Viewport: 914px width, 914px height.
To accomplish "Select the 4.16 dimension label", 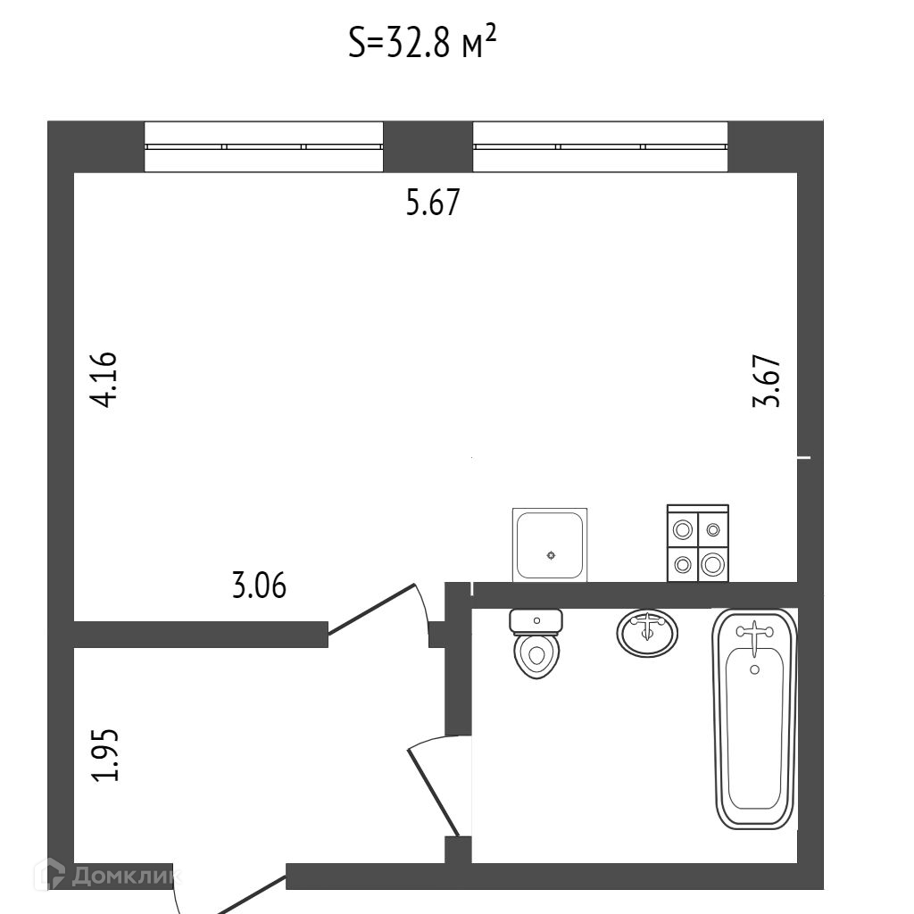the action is (x=104, y=380).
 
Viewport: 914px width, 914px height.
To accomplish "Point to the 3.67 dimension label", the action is (x=767, y=381).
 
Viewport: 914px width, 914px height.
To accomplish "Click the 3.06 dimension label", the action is (x=259, y=586).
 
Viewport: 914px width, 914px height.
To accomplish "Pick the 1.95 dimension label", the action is (x=105, y=755).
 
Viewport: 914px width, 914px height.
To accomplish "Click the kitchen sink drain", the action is (x=551, y=555).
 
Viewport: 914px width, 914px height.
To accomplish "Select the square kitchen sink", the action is (x=551, y=544).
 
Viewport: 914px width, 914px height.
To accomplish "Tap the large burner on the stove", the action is (x=712, y=563).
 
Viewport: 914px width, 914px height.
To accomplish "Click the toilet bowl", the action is (x=536, y=655).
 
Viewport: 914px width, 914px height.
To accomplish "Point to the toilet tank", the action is (x=536, y=619).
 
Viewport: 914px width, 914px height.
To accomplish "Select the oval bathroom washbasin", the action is (x=647, y=632).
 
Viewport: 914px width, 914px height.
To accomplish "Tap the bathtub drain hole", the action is (x=755, y=669).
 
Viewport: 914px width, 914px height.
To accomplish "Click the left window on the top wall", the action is (x=264, y=146).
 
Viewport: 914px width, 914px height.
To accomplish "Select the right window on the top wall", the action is (x=600, y=146).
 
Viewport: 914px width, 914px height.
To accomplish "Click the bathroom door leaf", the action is (x=435, y=793).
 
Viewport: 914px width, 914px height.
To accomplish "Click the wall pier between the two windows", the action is (x=428, y=146).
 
